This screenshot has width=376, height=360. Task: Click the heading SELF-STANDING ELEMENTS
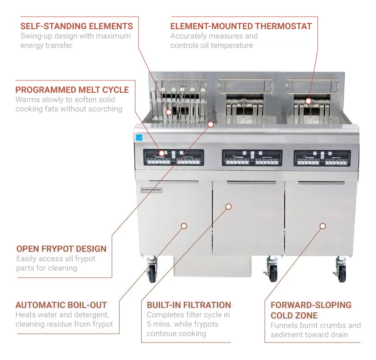tap(76, 26)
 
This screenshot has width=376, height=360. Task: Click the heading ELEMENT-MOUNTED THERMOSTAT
tap(241, 26)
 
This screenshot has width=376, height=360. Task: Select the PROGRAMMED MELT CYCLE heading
tap(72, 90)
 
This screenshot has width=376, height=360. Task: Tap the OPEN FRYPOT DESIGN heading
tap(61, 249)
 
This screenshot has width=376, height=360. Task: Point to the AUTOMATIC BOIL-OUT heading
tap(61, 305)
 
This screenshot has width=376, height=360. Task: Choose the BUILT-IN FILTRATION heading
tap(189, 305)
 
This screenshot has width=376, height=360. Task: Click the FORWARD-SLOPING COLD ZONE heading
tap(311, 310)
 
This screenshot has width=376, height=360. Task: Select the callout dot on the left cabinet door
tap(184, 226)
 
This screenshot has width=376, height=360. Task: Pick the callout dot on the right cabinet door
tap(323, 226)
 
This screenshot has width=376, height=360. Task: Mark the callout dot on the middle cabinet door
tap(228, 207)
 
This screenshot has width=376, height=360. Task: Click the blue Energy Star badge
tap(139, 137)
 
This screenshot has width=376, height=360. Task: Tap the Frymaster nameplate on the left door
tap(151, 190)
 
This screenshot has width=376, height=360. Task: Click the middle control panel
tap(252, 158)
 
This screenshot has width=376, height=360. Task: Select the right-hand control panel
tap(322, 158)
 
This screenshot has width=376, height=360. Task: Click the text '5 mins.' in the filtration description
tap(159, 324)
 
